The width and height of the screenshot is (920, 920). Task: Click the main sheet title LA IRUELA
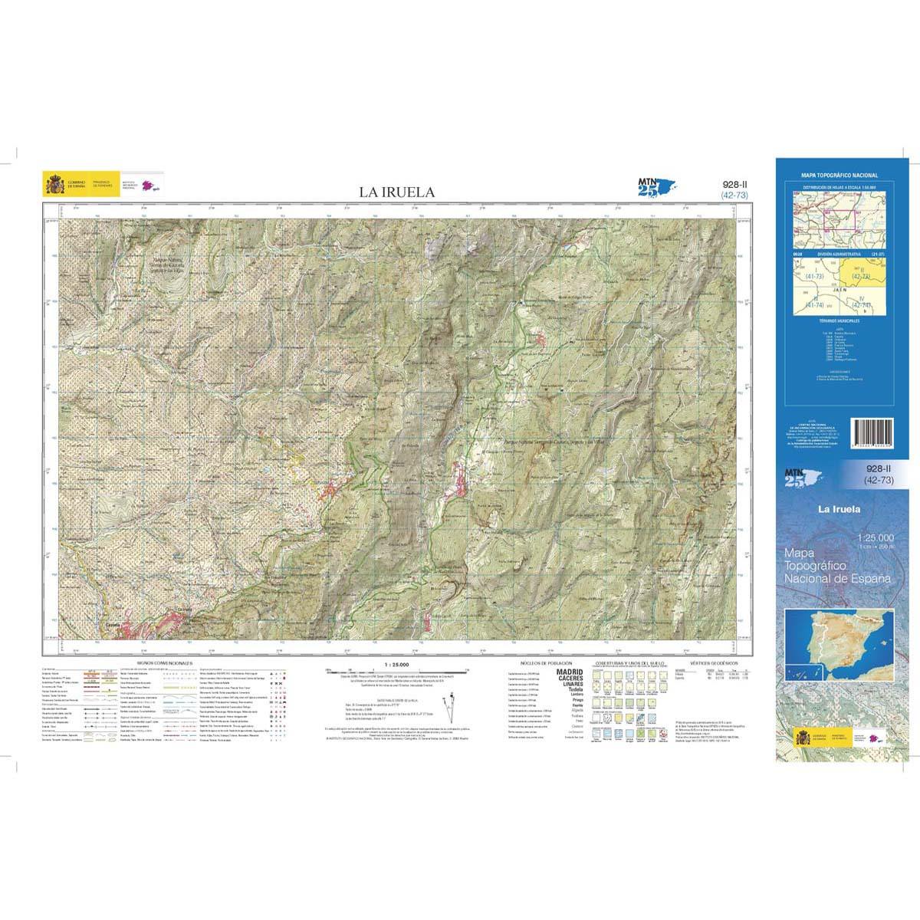click(397, 192)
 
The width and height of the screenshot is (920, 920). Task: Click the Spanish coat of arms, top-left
click(55, 184)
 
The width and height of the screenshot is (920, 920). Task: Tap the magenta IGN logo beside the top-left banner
click(149, 185)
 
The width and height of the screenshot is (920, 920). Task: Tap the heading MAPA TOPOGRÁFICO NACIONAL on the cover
click(839, 176)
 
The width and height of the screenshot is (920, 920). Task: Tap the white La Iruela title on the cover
click(839, 509)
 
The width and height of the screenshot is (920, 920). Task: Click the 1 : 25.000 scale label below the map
click(397, 664)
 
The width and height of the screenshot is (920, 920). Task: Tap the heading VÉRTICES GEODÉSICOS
click(713, 661)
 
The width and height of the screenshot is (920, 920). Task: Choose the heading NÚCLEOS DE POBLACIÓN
click(541, 661)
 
